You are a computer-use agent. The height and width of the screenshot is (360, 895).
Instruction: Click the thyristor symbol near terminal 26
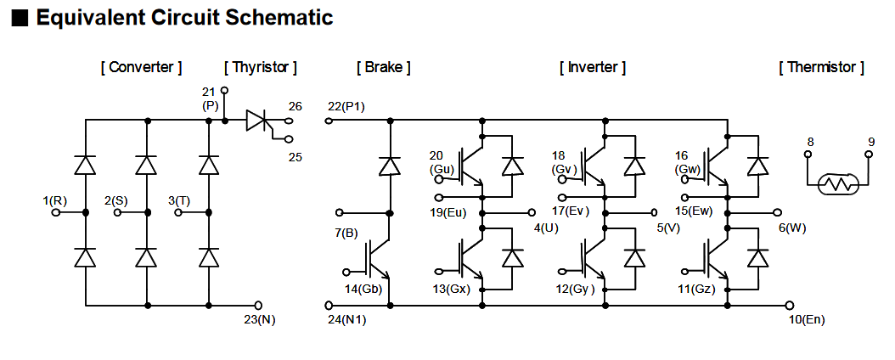coord(256,121)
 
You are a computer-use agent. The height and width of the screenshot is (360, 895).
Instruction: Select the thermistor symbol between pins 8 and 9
coord(838,184)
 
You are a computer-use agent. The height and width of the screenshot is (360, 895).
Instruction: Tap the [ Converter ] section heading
coord(141,67)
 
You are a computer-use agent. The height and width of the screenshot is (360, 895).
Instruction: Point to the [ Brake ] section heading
coord(384,67)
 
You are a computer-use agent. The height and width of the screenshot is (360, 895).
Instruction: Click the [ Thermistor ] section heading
coord(821,67)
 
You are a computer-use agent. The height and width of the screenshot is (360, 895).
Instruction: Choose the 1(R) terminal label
coord(55,200)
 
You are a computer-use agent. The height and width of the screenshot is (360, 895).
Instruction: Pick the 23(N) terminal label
coord(259,319)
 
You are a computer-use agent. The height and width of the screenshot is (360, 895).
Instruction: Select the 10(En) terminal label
coord(806,319)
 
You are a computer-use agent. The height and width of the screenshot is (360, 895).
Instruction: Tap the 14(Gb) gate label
coord(363,290)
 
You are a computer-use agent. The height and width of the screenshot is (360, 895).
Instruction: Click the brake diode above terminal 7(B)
coord(390,166)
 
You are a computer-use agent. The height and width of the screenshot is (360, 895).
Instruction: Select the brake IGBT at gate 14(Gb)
coord(377,259)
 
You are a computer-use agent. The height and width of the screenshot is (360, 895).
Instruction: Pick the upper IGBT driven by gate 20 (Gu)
coord(470,166)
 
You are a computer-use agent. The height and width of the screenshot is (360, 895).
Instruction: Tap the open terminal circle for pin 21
coord(224,89)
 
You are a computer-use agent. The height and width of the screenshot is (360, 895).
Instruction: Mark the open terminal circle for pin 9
coord(870,155)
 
